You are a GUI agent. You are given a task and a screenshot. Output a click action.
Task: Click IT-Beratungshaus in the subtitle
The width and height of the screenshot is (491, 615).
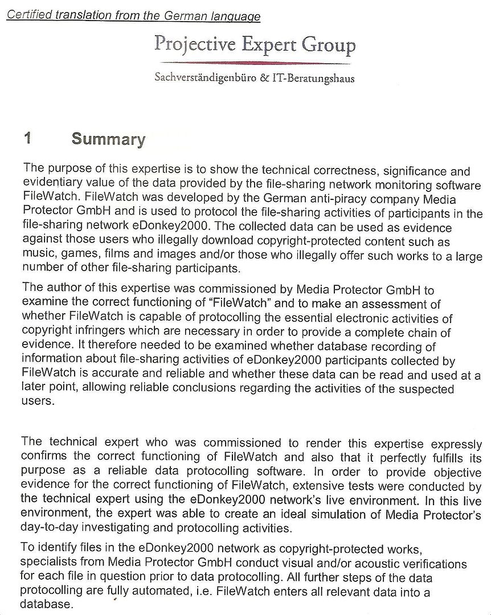click(x=312, y=78)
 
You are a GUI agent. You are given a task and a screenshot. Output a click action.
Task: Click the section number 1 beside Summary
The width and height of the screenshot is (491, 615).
click(x=27, y=139)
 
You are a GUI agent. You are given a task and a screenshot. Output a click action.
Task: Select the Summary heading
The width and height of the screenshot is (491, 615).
click(x=108, y=140)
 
